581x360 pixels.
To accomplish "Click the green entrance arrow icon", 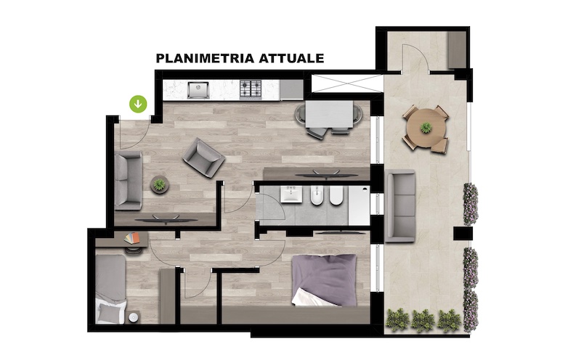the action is tap(138, 104).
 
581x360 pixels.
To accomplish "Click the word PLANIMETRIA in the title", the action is tap(205, 59).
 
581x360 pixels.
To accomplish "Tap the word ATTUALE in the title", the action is tap(291, 59).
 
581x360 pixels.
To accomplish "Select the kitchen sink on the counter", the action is tap(198, 90).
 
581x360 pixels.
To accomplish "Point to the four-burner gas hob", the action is tap(251, 89).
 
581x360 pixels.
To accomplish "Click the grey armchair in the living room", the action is tap(204, 157).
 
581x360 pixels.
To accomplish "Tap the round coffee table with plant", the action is tap(160, 184).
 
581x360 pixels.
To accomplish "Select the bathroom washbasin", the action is tap(291, 194).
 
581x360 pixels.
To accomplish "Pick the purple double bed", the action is tap(325, 279).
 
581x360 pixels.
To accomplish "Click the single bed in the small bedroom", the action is tap(110, 289).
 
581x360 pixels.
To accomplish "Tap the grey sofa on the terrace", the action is tap(400, 206).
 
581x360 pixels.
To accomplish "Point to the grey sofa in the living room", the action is tap(129, 181).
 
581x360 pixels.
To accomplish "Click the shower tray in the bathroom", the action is tap(359, 205).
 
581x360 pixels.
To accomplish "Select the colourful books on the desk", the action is tap(132, 238).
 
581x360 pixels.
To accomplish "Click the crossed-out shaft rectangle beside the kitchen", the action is tap(347, 83).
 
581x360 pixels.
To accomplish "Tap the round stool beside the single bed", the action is tap(134, 317).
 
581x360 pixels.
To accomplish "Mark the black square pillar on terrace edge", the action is tap(463, 233).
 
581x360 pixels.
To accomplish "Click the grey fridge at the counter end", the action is tap(291, 90).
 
